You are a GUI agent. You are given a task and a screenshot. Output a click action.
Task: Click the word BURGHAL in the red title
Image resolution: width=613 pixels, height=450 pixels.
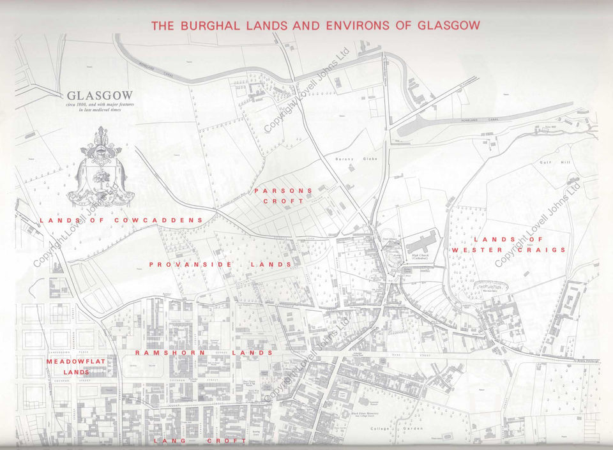tap(210, 26)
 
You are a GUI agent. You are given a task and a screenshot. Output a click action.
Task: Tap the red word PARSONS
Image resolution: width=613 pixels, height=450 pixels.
tap(283, 190)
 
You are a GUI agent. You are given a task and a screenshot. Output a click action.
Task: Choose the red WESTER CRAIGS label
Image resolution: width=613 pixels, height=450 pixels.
tap(509, 250)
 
